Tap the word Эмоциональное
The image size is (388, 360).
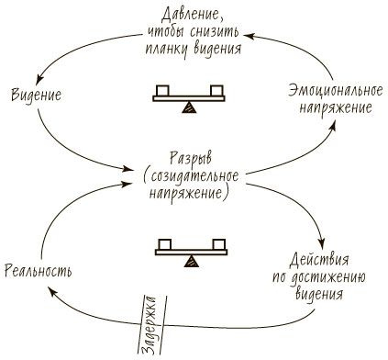tap(326, 93)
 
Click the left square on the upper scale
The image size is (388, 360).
tap(163, 89)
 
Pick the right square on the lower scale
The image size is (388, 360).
tap(218, 243)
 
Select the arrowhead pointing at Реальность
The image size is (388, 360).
tap(53, 291)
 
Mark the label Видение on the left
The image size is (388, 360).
tap(38, 95)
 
